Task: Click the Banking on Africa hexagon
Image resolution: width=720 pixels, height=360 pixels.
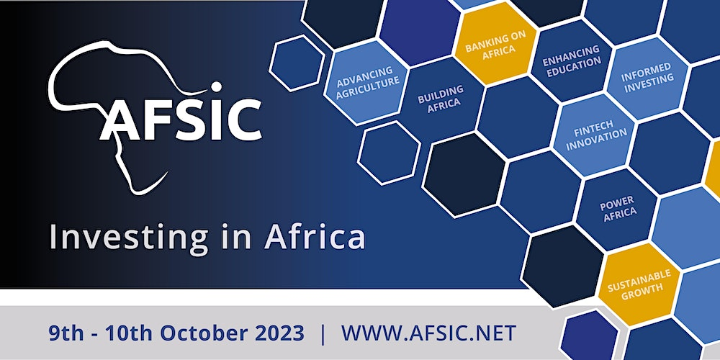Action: pyautogui.click(x=496, y=44)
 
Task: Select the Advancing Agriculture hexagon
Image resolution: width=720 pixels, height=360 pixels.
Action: pyautogui.click(x=366, y=82)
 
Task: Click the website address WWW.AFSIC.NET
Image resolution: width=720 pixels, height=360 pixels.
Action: pyautogui.click(x=428, y=333)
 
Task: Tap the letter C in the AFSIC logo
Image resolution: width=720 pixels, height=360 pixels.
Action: pyautogui.click(x=244, y=120)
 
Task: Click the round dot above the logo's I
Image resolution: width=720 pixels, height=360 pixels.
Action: pyautogui.click(x=216, y=87)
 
